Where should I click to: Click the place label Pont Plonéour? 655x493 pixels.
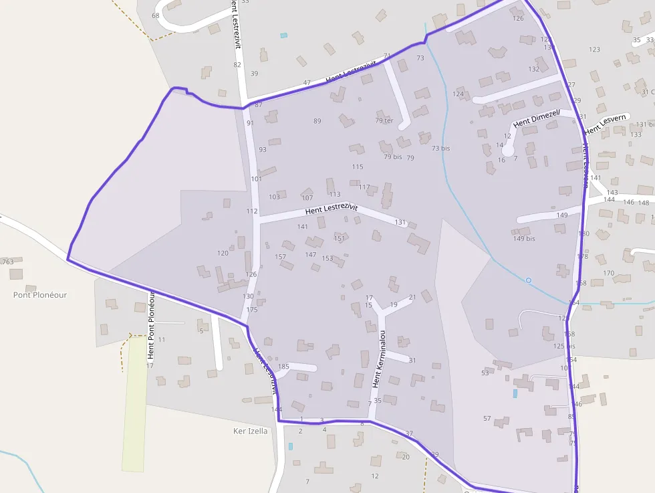coord(40,295)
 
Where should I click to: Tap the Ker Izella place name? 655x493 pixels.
coord(250,431)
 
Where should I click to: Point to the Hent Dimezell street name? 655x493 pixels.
coord(536,119)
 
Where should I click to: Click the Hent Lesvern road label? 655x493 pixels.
coord(605,124)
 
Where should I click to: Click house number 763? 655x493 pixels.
coord(8,262)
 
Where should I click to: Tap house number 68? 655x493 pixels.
coord(156,15)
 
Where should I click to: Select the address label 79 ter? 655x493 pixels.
coord(384,121)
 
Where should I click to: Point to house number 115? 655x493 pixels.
coord(358,167)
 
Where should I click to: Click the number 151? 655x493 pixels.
coord(340,239)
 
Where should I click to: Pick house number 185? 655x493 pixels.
coord(283,367)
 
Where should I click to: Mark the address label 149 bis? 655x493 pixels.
coord(524,239)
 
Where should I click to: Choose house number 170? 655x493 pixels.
coord(608,273)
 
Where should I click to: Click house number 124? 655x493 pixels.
coord(458,94)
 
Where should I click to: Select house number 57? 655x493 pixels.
coord(487,419)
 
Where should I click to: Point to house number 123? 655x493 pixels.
coord(594,50)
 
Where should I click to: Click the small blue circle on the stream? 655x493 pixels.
coord(528,280)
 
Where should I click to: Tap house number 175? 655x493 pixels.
coord(252,310)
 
